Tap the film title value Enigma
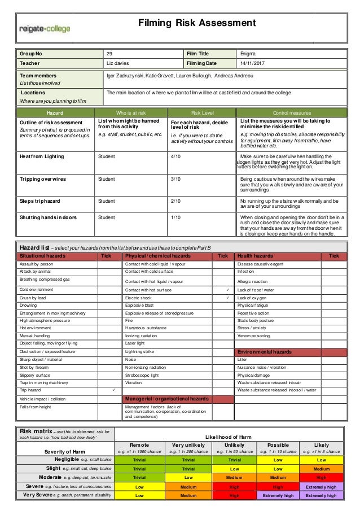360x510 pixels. [249, 54]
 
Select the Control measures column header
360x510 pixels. [292, 112]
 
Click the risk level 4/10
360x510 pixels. [176, 156]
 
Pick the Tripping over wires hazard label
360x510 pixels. [43, 179]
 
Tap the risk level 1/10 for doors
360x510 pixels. [176, 216]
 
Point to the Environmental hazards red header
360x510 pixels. [265, 352]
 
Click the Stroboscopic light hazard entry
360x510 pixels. [143, 374]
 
